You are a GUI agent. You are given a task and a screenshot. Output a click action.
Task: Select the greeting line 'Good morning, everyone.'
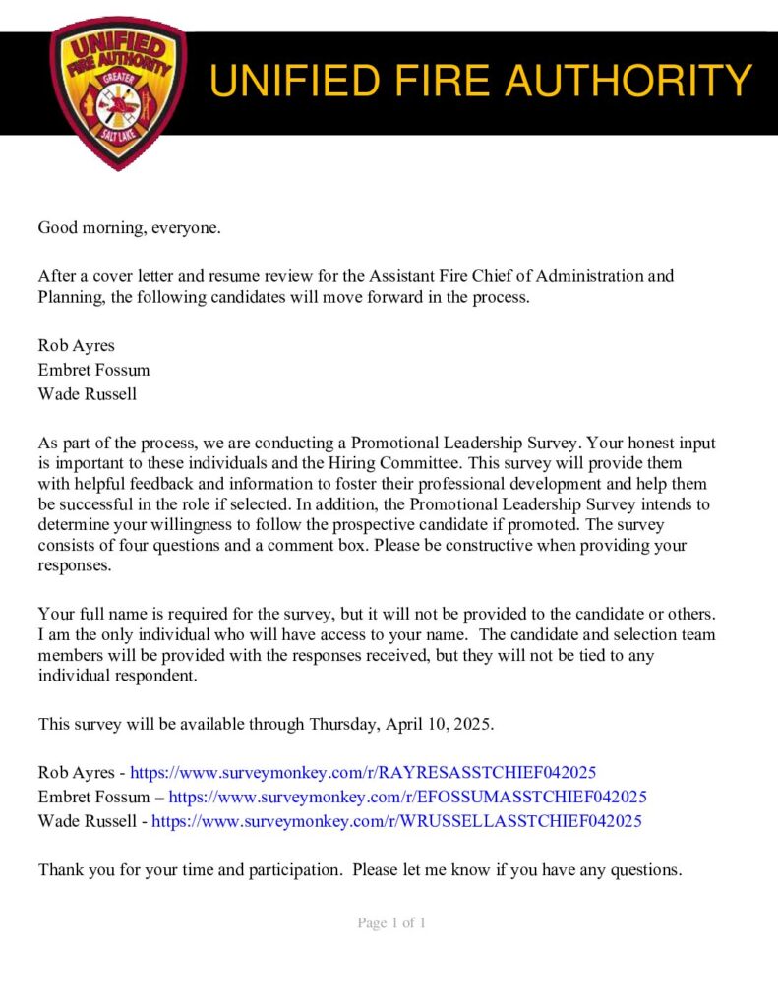(130, 228)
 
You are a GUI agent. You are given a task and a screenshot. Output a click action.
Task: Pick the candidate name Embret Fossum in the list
(93, 370)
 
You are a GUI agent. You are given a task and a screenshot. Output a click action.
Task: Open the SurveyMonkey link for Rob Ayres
(363, 773)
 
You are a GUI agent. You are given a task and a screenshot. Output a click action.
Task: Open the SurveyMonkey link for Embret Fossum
(407, 797)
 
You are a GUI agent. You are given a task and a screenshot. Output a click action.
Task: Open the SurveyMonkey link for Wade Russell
(396, 820)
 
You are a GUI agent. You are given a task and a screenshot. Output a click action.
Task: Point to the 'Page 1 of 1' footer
(391, 923)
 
